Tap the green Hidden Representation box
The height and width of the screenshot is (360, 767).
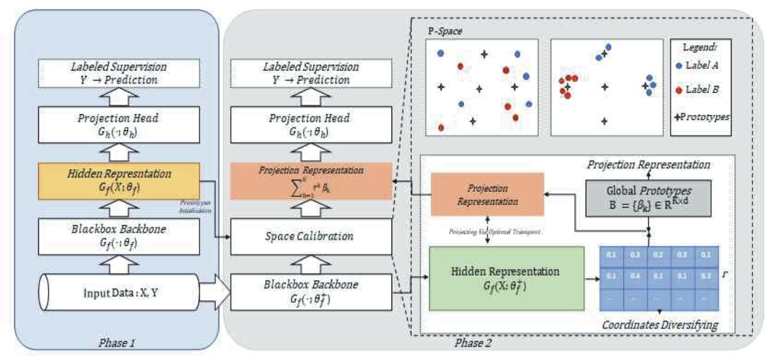pos(507,278)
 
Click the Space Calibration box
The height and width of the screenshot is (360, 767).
pos(309,236)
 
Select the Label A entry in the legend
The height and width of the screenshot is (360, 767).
pos(702,65)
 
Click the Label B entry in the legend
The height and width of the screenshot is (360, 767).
pos(702,89)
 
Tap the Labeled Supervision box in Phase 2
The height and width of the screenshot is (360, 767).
pos(309,74)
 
